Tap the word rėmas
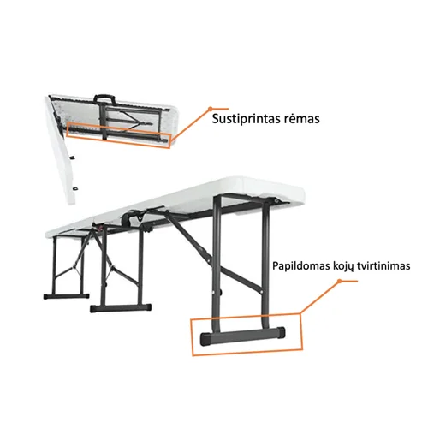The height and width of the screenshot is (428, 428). tap(302, 119)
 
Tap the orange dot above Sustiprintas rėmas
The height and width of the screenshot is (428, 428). tap(211, 109)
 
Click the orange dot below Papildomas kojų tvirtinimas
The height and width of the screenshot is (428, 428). tap(340, 281)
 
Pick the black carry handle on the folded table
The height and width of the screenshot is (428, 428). tap(104, 98)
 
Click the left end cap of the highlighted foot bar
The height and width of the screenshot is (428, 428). tap(206, 339)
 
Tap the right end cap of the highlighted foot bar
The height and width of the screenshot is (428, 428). tap(281, 332)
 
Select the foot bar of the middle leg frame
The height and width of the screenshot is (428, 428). tap(121, 308)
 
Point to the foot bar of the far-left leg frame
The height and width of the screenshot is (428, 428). tap(66, 296)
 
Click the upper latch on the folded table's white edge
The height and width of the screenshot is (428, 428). tap(74, 157)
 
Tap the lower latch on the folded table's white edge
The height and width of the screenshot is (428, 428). tap(75, 188)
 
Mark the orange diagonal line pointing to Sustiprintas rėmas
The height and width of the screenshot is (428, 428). tap(191, 124)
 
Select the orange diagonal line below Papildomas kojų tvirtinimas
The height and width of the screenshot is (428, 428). tap(319, 297)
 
